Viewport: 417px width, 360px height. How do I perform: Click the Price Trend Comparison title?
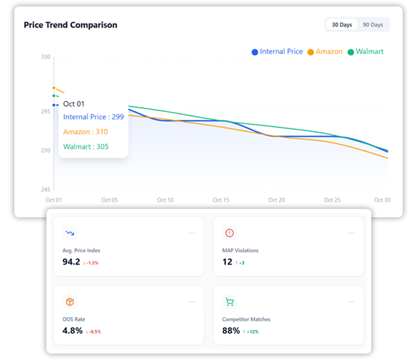coord(71,25)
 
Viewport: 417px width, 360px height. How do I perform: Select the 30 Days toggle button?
coord(341,25)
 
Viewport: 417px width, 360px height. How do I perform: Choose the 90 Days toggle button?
coord(372,25)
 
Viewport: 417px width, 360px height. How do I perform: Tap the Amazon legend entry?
coord(325,52)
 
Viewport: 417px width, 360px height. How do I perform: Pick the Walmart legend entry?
coord(366,52)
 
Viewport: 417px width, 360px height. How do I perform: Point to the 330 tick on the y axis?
coord(46,56)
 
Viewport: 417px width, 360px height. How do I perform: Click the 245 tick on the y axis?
coord(46,190)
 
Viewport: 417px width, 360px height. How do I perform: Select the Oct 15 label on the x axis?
coord(221,200)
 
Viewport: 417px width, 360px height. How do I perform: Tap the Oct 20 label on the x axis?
coord(277,200)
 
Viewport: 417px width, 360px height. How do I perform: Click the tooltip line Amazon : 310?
coord(86,132)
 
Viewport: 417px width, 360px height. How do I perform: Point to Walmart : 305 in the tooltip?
coord(86,147)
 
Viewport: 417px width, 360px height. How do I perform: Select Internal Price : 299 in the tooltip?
coord(93,117)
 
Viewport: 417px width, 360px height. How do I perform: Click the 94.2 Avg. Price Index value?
coord(71,262)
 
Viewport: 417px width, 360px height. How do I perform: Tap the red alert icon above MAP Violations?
coord(230,233)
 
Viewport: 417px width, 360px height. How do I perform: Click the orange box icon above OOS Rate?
coord(70,302)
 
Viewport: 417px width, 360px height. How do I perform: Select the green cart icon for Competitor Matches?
coord(230,302)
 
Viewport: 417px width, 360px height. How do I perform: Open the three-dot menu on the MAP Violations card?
coord(351,233)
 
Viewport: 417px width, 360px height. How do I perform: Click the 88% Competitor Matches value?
coord(231,331)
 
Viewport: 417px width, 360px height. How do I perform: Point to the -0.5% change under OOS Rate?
coord(93,331)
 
